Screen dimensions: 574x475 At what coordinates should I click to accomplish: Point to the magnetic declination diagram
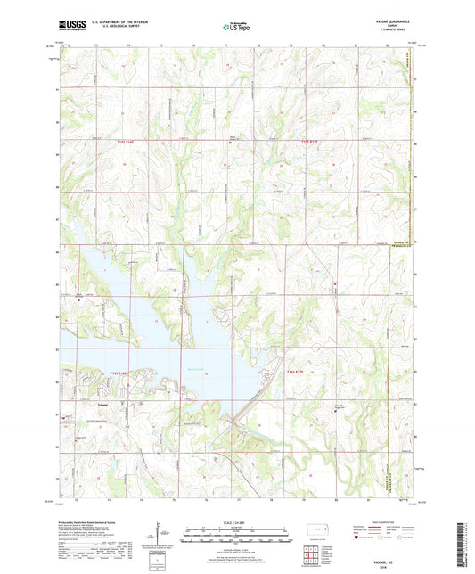(x=167, y=536)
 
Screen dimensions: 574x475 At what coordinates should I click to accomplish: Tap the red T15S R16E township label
(x=127, y=141)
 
